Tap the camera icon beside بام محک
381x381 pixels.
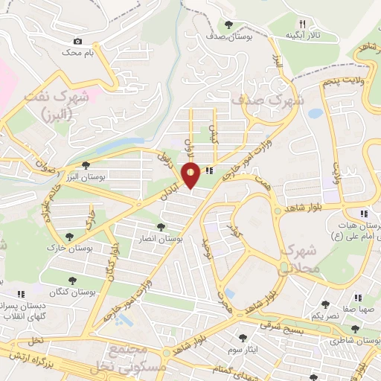coord(77,42)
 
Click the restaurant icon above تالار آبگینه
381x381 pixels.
coord(303,24)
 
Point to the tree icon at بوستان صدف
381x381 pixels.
coord(228,25)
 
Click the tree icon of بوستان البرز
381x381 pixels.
coord(86,165)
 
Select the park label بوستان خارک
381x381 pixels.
coord(63,247)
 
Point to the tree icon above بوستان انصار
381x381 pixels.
coord(161,226)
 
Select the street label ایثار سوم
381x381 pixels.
coord(243,348)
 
